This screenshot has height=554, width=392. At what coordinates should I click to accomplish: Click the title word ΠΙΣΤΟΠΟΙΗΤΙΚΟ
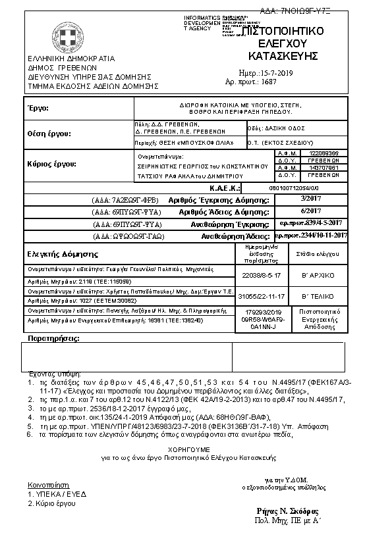[x=283, y=31]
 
